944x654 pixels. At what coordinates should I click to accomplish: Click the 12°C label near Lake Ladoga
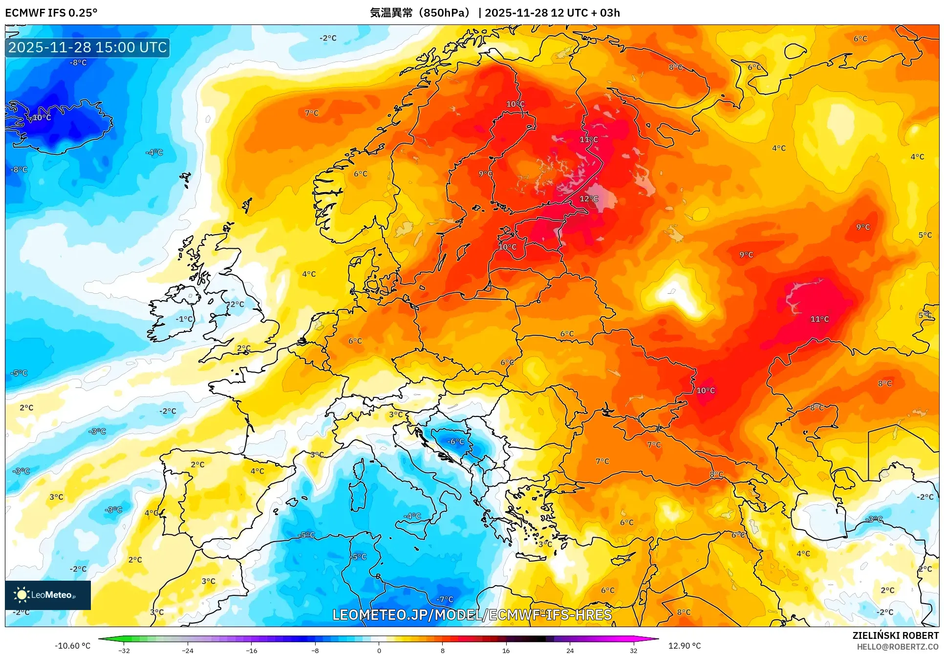(589, 199)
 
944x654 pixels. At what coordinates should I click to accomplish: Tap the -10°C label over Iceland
(40, 118)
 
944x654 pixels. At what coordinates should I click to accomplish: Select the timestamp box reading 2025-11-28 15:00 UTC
(87, 47)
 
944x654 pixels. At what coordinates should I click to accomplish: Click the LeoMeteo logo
(48, 595)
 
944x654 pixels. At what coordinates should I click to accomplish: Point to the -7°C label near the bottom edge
(445, 599)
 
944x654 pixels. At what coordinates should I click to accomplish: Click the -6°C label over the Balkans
(455, 442)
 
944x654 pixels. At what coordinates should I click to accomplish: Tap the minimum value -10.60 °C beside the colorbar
(72, 646)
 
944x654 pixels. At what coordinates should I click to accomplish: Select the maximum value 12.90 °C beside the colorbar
(684, 646)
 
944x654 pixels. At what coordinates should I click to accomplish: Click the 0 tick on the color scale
(379, 651)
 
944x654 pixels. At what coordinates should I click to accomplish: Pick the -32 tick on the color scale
(124, 651)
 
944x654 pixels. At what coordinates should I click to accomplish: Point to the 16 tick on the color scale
(506, 651)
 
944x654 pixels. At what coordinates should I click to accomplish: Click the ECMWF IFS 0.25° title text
(51, 13)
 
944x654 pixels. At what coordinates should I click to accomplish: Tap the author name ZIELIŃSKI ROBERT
(895, 635)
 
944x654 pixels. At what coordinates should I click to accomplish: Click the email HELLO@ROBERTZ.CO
(897, 647)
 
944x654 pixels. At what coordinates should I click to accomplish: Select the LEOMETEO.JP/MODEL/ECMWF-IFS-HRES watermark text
(472, 615)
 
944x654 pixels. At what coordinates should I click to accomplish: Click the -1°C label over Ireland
(184, 319)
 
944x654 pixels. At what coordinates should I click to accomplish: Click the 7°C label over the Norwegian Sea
(312, 113)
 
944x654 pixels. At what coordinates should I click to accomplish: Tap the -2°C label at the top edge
(328, 38)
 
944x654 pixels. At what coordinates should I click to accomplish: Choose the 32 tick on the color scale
(633, 651)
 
